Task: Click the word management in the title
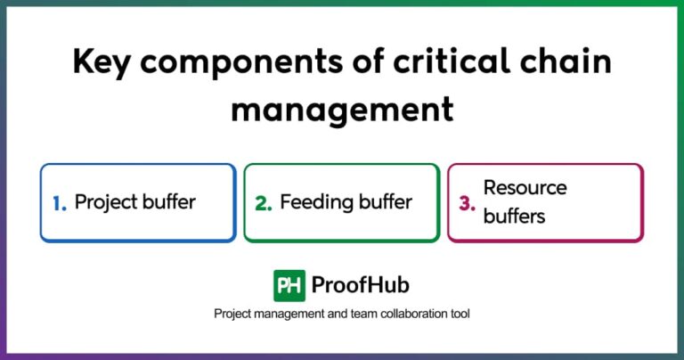tap(342, 110)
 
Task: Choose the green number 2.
tap(263, 203)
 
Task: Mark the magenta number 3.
tap(467, 203)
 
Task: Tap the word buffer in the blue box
tap(172, 201)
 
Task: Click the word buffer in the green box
tap(384, 201)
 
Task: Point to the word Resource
tap(525, 188)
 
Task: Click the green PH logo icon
tap(289, 285)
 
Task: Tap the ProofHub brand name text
tap(361, 285)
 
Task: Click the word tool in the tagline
tap(459, 315)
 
